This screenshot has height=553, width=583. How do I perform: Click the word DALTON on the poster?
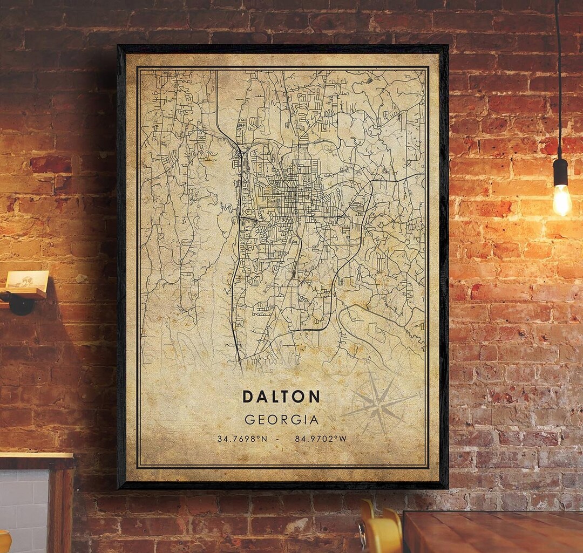(x=281, y=397)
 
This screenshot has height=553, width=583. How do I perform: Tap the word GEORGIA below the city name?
(x=281, y=419)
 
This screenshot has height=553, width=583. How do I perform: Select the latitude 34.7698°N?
(x=242, y=439)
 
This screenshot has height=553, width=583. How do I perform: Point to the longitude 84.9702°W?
(x=321, y=439)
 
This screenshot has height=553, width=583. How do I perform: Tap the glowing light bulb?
(x=561, y=200)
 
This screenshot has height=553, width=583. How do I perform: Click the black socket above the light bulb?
(x=560, y=172)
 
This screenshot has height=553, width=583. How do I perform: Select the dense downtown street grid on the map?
(x=294, y=194)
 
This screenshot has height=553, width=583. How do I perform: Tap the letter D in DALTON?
(x=248, y=397)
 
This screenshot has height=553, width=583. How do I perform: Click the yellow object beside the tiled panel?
(x=4, y=542)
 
